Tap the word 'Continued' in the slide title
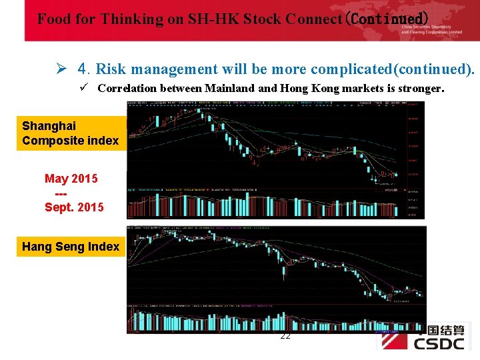click(x=387, y=19)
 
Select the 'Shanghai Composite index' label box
click(x=70, y=133)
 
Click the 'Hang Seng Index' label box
click(x=71, y=247)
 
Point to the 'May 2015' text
click(x=71, y=179)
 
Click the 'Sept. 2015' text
click(x=74, y=207)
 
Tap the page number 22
click(x=285, y=335)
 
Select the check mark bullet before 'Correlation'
click(x=84, y=87)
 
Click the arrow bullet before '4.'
click(x=61, y=69)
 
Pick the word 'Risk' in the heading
click(x=113, y=69)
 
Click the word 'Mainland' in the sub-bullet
click(x=227, y=88)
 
